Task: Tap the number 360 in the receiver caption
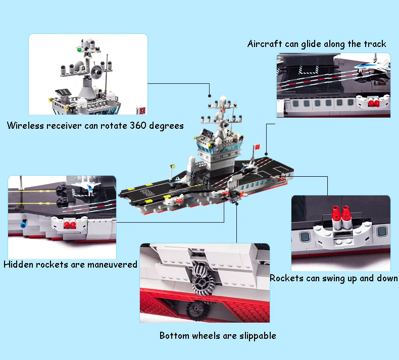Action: point(138,125)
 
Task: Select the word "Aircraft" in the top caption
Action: point(265,44)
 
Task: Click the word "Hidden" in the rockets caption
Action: point(18,265)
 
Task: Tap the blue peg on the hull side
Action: point(23,225)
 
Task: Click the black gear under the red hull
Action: point(198,310)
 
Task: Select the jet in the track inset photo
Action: point(373,66)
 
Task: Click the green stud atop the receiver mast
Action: point(79,49)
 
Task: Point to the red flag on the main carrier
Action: point(257,147)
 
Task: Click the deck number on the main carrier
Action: point(148,192)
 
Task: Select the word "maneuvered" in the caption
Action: point(112,265)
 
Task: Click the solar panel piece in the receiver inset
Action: point(63,92)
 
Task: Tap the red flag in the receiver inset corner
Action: point(141,111)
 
